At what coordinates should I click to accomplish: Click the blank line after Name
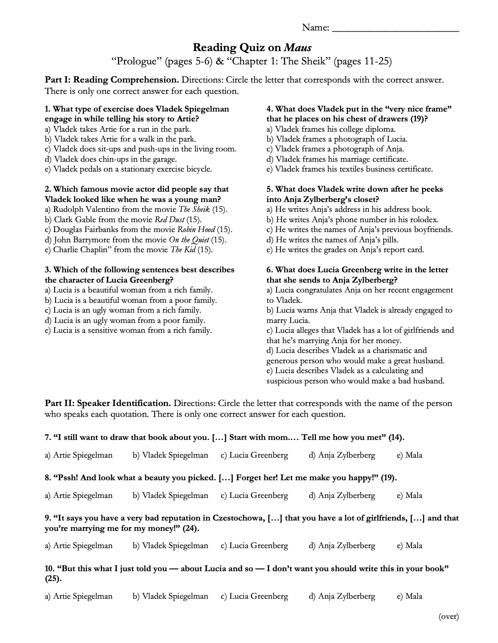[396, 29]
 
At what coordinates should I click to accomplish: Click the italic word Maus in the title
[297, 48]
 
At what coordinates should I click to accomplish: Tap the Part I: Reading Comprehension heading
[112, 80]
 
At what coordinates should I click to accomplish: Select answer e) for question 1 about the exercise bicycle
[128, 169]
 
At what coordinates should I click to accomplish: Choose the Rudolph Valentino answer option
[136, 209]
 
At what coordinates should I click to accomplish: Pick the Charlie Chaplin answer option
[128, 250]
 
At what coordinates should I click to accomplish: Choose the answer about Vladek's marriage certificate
[337, 159]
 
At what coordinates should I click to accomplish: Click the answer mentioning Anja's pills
[333, 240]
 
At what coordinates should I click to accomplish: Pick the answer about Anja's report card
[345, 250]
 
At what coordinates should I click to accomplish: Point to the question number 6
[270, 270]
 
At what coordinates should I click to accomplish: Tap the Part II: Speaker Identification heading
[108, 404]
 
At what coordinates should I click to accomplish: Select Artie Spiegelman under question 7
[79, 455]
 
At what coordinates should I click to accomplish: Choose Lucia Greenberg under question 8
[254, 496]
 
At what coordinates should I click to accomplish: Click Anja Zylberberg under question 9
[342, 546]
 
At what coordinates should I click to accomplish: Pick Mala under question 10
[409, 596]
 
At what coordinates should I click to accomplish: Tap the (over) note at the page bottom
[448, 616]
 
